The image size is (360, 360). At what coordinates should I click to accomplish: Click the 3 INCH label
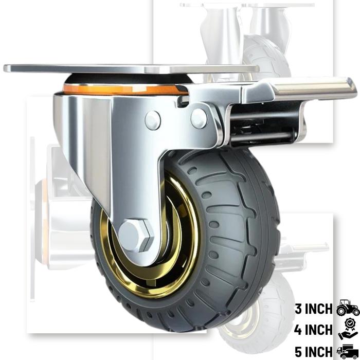click(x=314, y=309)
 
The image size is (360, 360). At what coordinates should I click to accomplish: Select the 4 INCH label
click(x=314, y=330)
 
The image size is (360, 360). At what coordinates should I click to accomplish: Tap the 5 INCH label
click(x=314, y=352)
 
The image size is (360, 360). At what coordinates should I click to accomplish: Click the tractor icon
click(x=348, y=309)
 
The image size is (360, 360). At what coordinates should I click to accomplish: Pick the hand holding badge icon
click(x=348, y=330)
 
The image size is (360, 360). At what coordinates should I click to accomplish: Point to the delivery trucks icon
click(x=348, y=351)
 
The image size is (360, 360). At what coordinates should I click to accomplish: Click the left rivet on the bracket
click(x=153, y=120)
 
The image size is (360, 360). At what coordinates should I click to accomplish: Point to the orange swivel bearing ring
click(x=123, y=89)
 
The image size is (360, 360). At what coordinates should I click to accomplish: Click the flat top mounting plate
click(x=129, y=68)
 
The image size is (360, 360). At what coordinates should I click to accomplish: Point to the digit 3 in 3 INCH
click(x=299, y=309)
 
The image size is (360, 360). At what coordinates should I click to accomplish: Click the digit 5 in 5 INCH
click(x=299, y=352)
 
